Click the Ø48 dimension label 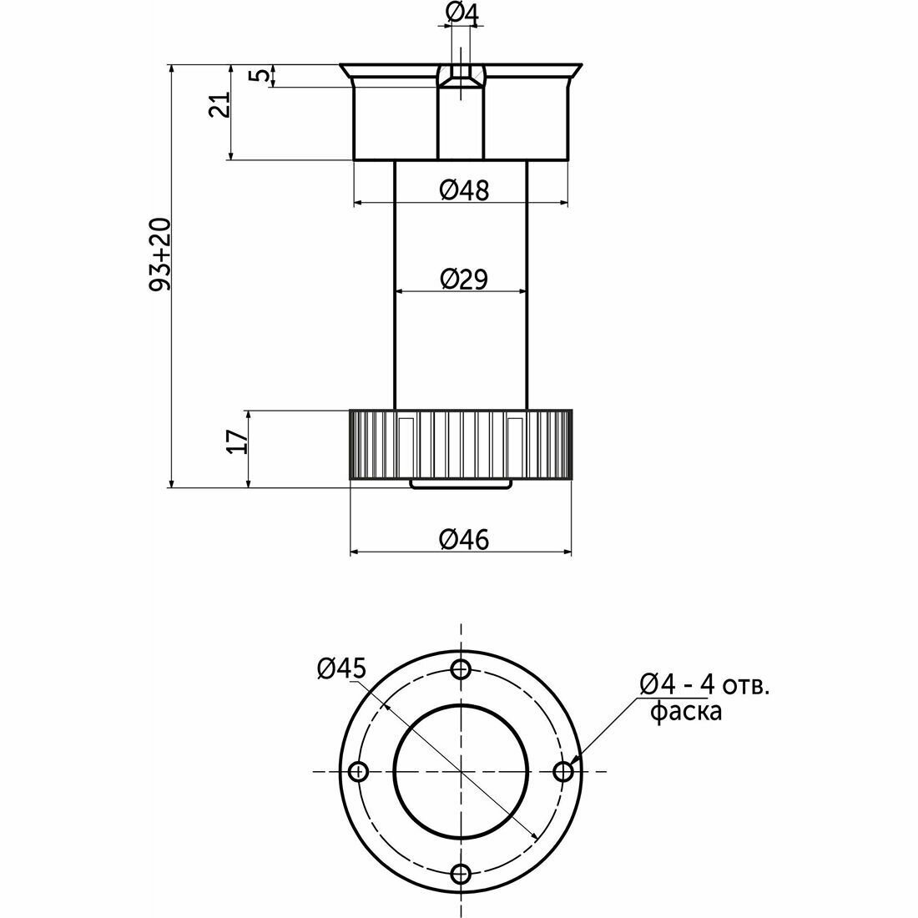pyautogui.click(x=464, y=189)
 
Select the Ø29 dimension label pyautogui.click(x=464, y=279)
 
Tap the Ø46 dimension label pyautogui.click(x=464, y=539)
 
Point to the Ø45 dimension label pyautogui.click(x=341, y=668)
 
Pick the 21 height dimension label pyautogui.click(x=220, y=105)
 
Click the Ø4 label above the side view pyautogui.click(x=462, y=15)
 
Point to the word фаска pyautogui.click(x=686, y=711)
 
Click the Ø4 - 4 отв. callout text pyautogui.click(x=704, y=683)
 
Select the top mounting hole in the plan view pyautogui.click(x=462, y=668)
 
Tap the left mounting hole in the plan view pyautogui.click(x=358, y=772)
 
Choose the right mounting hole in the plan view pyautogui.click(x=564, y=772)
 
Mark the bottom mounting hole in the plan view pyautogui.click(x=462, y=875)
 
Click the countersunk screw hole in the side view pyautogui.click(x=462, y=76)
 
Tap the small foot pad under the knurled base pyautogui.click(x=461, y=483)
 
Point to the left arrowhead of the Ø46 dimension pyautogui.click(x=354, y=552)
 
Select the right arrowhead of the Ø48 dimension pyautogui.click(x=564, y=203)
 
